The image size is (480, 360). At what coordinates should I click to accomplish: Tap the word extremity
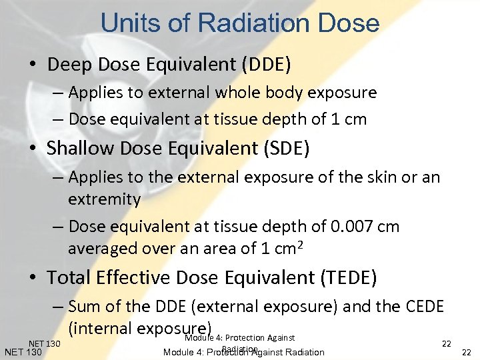[104, 199]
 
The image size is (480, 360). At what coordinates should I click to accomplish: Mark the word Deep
[65, 65]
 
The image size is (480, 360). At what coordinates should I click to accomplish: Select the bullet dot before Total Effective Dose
[33, 277]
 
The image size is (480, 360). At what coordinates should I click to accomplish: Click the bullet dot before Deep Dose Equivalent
[33, 65]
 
